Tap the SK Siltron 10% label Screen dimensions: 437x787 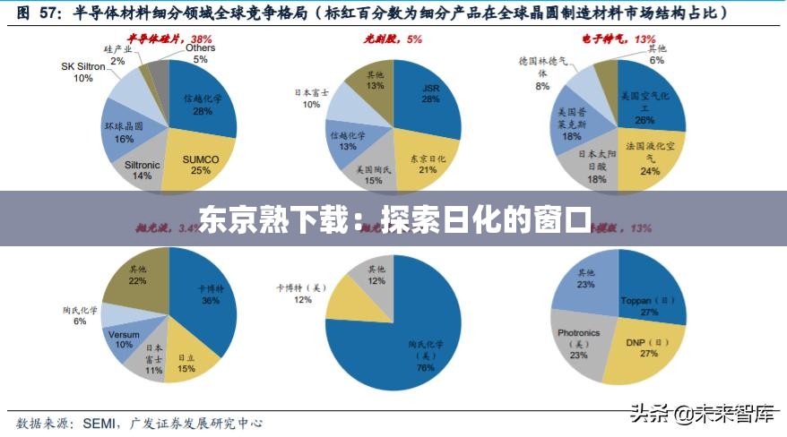click(82, 72)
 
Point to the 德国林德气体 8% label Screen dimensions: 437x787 click(542, 73)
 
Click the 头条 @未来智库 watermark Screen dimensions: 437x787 click(701, 414)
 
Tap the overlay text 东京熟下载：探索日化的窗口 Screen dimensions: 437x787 click(393, 218)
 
